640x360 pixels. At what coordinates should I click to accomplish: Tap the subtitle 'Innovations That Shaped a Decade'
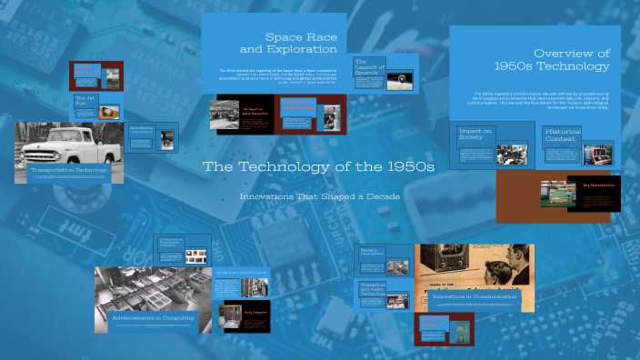[319, 196]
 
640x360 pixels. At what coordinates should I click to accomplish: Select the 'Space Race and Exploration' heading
[288, 43]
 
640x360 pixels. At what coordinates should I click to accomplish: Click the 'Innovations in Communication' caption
[475, 295]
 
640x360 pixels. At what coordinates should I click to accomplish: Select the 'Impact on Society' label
[475, 135]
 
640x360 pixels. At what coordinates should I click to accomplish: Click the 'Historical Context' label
[563, 135]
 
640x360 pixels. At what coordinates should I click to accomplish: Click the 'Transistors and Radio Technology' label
[374, 289]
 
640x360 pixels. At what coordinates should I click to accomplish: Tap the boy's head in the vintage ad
[506, 255]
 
